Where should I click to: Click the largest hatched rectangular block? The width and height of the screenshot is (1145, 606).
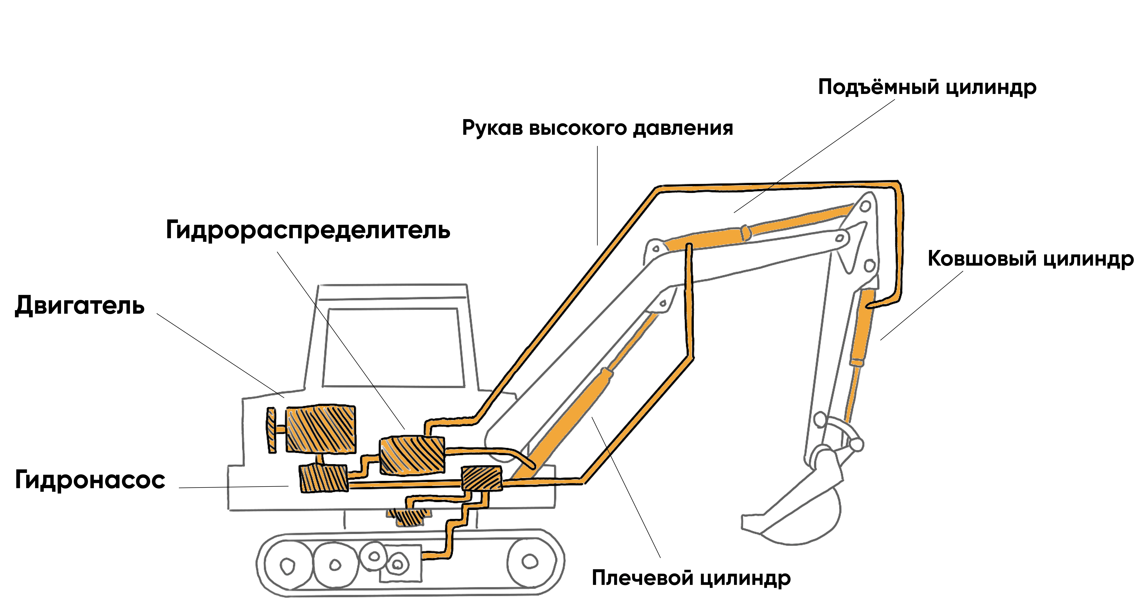tap(320, 429)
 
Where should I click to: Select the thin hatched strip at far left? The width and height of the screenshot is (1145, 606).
tap(272, 430)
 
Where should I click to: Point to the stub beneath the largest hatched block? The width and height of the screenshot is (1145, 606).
tap(319, 458)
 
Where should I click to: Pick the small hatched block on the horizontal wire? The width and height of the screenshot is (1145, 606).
tap(481, 478)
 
